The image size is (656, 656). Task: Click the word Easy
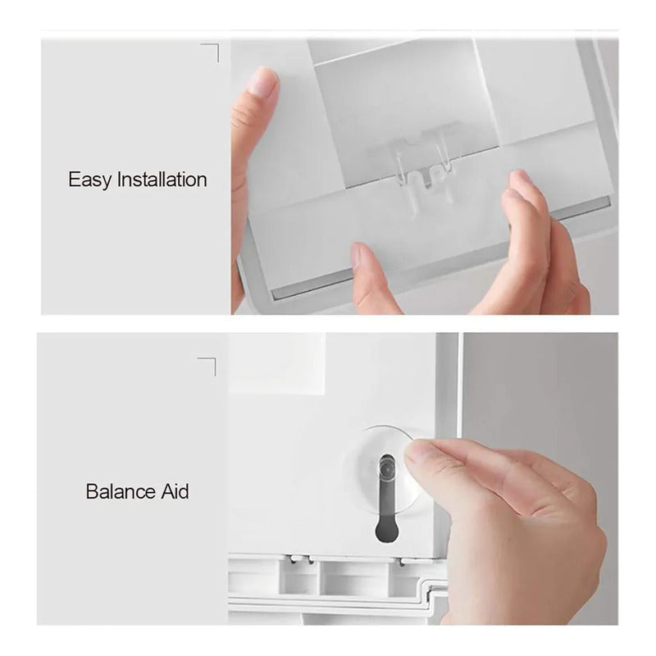(x=90, y=180)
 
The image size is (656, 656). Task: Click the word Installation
(x=162, y=180)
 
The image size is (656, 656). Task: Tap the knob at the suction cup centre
(x=387, y=467)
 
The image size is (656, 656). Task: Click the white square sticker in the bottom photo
(x=277, y=364)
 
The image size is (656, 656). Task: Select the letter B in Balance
(x=92, y=491)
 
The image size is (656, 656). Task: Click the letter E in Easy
(x=74, y=180)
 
